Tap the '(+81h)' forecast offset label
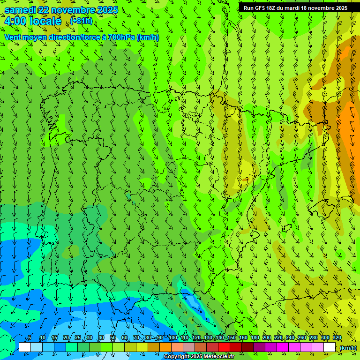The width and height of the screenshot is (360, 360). click(x=81, y=21)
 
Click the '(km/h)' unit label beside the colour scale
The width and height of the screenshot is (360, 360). click(x=348, y=348)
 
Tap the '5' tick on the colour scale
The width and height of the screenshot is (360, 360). click(x=30, y=338)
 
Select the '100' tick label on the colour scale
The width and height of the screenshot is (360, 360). click(x=172, y=338)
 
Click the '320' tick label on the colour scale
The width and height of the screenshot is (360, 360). click(x=337, y=338)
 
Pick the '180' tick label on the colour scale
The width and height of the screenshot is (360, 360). click(x=255, y=338)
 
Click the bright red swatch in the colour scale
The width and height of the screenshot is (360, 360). click(x=224, y=347)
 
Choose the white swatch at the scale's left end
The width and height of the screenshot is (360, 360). click(x=25, y=347)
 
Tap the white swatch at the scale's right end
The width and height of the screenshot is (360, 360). click(x=330, y=347)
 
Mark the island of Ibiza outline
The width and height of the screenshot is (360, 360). click(x=285, y=228)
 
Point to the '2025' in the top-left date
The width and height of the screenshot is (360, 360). click(x=107, y=10)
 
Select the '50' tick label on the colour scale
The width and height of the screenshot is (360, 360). click(x=113, y=338)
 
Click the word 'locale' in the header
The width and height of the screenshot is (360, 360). click(x=45, y=21)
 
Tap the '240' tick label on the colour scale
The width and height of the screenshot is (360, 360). click(x=290, y=338)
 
